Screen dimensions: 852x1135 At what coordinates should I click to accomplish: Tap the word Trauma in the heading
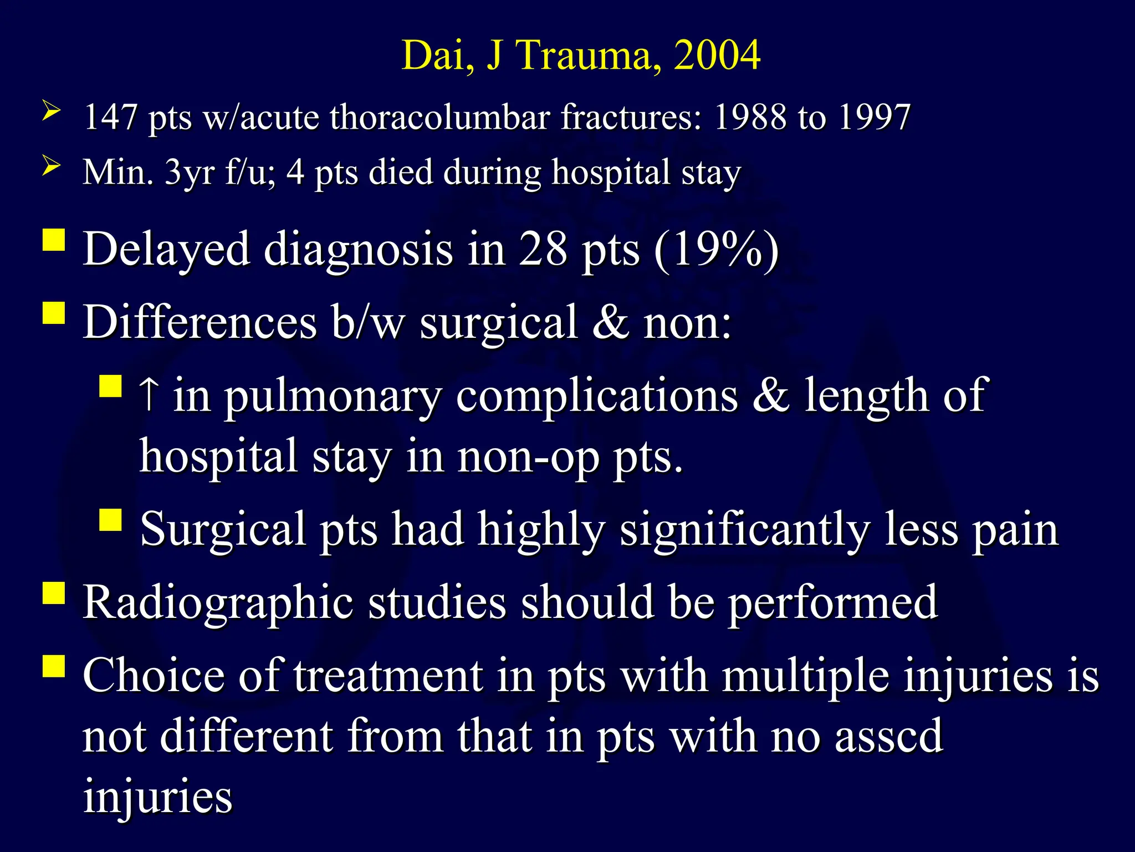[x=588, y=55]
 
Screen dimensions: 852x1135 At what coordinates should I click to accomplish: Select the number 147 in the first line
[x=110, y=117]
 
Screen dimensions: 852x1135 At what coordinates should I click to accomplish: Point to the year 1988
[x=750, y=117]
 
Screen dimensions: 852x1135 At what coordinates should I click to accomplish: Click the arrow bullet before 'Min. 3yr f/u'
[x=51, y=166]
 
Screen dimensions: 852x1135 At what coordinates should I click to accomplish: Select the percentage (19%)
[x=716, y=250]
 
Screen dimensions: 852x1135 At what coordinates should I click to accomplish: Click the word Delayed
[x=166, y=250]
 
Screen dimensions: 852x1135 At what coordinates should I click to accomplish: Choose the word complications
[x=597, y=396]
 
